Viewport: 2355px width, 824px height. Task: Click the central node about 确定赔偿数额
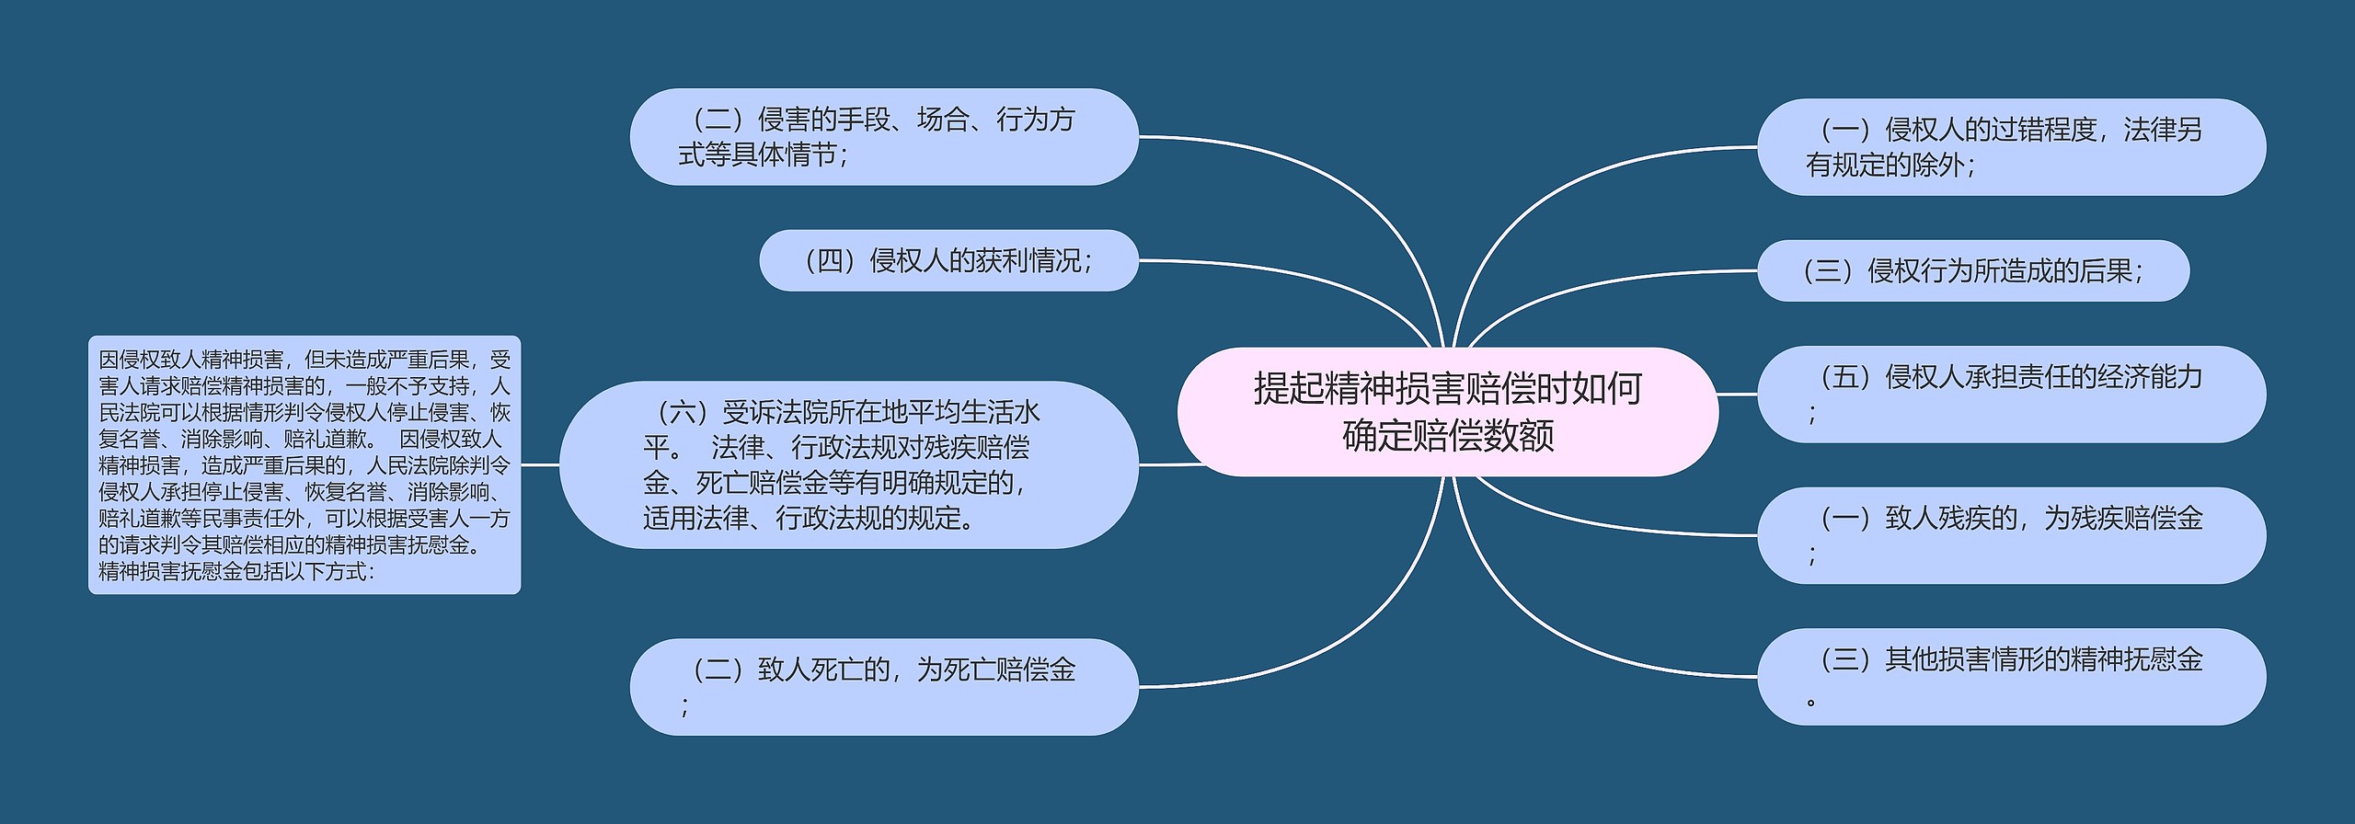(1447, 412)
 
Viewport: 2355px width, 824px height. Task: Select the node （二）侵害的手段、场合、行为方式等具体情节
(883, 137)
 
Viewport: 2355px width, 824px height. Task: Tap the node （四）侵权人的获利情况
(948, 261)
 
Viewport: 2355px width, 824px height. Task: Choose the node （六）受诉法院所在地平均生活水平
(848, 465)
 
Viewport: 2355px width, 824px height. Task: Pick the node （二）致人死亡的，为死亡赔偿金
(883, 687)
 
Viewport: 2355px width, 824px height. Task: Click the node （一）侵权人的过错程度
(2011, 147)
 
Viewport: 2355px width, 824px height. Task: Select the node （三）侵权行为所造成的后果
(1972, 271)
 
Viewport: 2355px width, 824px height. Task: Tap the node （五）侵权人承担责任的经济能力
(2011, 395)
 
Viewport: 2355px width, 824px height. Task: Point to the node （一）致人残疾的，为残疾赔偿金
(2011, 535)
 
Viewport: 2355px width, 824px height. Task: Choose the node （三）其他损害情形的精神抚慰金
(2011, 677)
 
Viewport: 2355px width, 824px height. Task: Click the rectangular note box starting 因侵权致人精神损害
(304, 465)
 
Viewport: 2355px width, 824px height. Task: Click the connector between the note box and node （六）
(540, 465)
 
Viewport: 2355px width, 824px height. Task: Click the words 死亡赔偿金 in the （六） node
(763, 483)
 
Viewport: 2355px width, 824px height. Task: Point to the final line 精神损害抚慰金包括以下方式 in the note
(236, 572)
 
